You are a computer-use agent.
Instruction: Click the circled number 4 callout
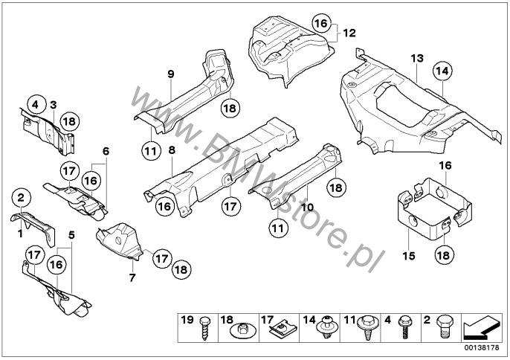[x=34, y=105]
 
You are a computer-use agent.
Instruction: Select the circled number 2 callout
[x=21, y=199]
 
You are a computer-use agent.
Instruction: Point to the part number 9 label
[x=170, y=74]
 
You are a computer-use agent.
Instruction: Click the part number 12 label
[x=349, y=33]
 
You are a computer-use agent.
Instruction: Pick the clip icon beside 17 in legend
[x=283, y=328]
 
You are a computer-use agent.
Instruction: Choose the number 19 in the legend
[x=186, y=321]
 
